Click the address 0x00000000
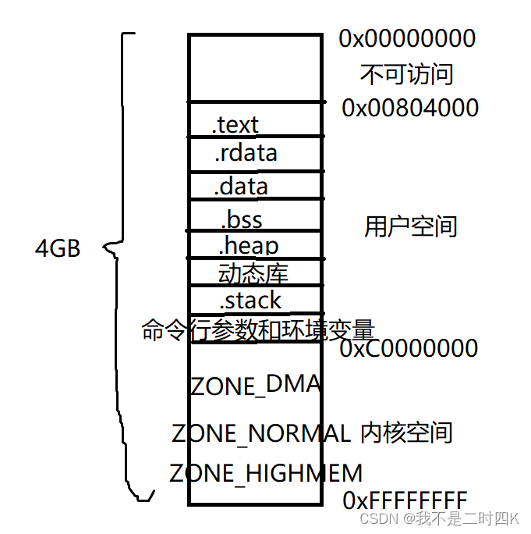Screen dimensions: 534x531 tap(407, 38)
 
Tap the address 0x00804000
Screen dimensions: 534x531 tap(410, 108)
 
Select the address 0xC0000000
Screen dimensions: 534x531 tap(409, 348)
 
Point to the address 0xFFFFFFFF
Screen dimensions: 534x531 tap(405, 500)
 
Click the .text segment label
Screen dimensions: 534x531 tap(235, 124)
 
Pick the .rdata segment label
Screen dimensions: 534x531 tap(246, 153)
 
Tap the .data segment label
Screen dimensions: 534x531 tap(241, 187)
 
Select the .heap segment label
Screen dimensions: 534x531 tap(248, 246)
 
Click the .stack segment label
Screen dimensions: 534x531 tap(250, 301)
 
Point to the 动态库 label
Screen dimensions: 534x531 tap(253, 273)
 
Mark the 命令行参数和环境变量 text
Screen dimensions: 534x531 tap(258, 329)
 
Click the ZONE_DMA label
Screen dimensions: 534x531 tap(255, 385)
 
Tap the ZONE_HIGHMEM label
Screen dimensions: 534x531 tap(266, 473)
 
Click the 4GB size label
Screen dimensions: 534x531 tap(58, 249)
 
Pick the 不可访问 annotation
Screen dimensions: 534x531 tap(406, 74)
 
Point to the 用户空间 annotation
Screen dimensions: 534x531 tap(410, 227)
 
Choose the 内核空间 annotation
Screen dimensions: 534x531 tap(406, 433)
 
